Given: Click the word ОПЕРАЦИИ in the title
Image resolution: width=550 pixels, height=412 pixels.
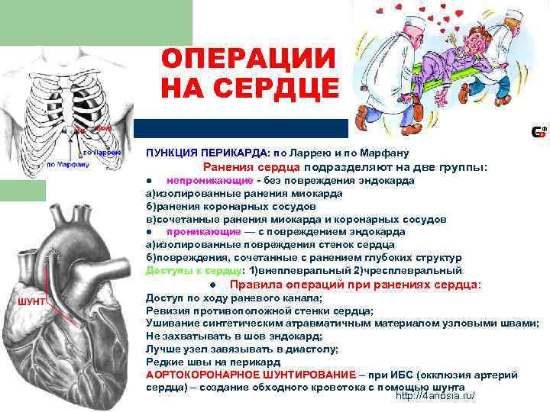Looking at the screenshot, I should [248, 58].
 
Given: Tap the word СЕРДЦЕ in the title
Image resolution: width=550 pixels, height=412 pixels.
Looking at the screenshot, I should [272, 89].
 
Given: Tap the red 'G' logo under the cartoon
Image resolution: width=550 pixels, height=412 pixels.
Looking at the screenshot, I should [538, 133].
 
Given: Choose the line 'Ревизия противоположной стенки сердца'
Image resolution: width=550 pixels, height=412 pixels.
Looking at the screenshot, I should [259, 311].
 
